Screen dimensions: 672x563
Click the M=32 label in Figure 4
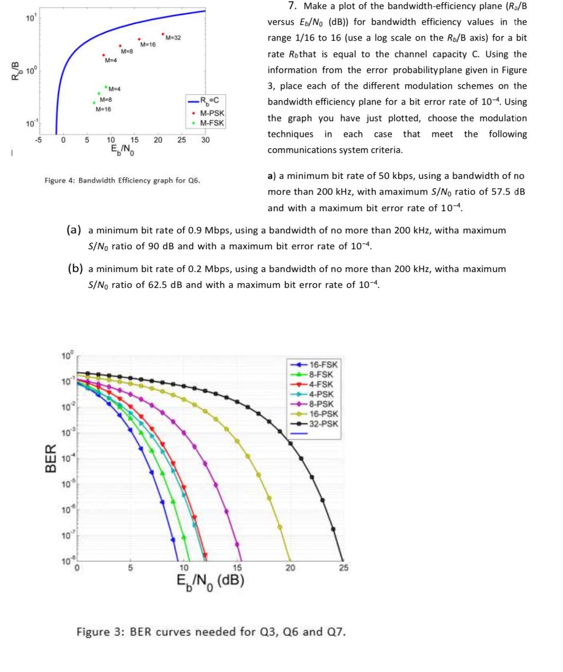coord(173,38)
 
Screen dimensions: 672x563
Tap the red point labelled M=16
coord(139,39)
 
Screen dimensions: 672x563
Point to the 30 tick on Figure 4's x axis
coord(205,140)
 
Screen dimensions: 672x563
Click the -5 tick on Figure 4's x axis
coord(39,140)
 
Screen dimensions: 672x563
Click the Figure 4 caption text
coord(122,180)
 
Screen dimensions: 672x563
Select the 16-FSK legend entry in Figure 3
coord(323,365)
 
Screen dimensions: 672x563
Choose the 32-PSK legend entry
coord(323,424)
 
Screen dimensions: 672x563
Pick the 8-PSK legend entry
coord(321,404)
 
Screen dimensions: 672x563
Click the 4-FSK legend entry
coord(321,384)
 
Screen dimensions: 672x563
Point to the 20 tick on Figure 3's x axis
coord(290,568)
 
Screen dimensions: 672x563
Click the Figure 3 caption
coord(211,632)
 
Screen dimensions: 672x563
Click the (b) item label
coord(75,269)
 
